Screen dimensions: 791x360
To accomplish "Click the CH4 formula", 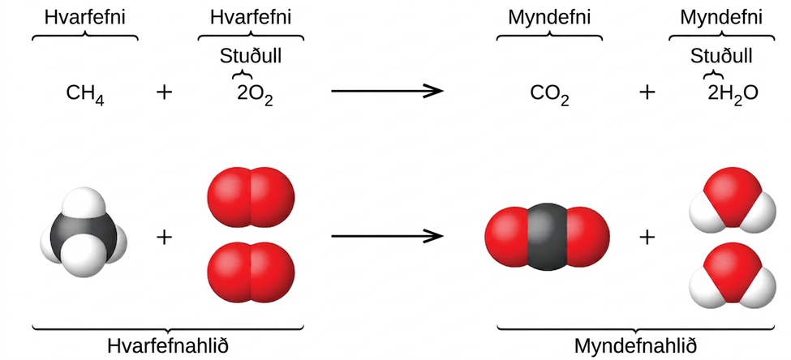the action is point(85,94).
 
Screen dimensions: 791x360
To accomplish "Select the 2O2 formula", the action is point(255,94).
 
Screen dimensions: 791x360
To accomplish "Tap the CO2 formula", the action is point(550,94).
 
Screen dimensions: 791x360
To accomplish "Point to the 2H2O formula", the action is point(733,94).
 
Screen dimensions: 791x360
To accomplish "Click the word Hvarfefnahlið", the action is point(168,346).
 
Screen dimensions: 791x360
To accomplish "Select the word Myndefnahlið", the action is point(635,346).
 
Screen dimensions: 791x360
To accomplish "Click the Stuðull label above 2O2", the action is point(251,56).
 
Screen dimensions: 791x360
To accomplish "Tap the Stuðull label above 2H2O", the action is point(721,56).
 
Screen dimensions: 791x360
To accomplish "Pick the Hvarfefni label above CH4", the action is point(84,17).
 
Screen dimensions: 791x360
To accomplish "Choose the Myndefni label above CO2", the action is point(549,17).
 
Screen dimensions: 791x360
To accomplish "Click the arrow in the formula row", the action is point(387,92).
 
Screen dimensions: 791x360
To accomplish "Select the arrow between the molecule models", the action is point(387,236).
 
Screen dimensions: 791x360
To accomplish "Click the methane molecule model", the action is point(84,232).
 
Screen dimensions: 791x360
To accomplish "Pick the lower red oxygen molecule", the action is point(251,272).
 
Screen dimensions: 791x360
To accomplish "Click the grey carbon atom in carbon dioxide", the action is point(548,237).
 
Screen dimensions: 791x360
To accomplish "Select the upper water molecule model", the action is point(733,200).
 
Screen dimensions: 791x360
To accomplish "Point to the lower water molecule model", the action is point(733,275).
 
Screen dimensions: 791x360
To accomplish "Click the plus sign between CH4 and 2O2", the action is point(165,92).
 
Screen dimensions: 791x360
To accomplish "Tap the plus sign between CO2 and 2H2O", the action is point(647,92).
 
